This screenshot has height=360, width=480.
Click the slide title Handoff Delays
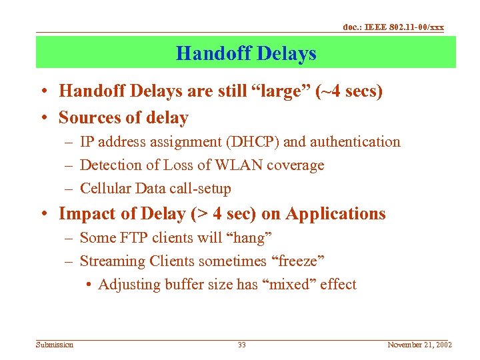(x=246, y=53)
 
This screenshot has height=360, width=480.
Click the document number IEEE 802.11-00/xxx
(x=393, y=27)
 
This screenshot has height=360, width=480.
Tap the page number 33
(x=242, y=345)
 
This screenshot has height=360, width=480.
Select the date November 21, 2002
(x=419, y=345)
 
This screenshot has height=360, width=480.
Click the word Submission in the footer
(x=55, y=345)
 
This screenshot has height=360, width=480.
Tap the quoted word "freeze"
(x=299, y=261)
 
